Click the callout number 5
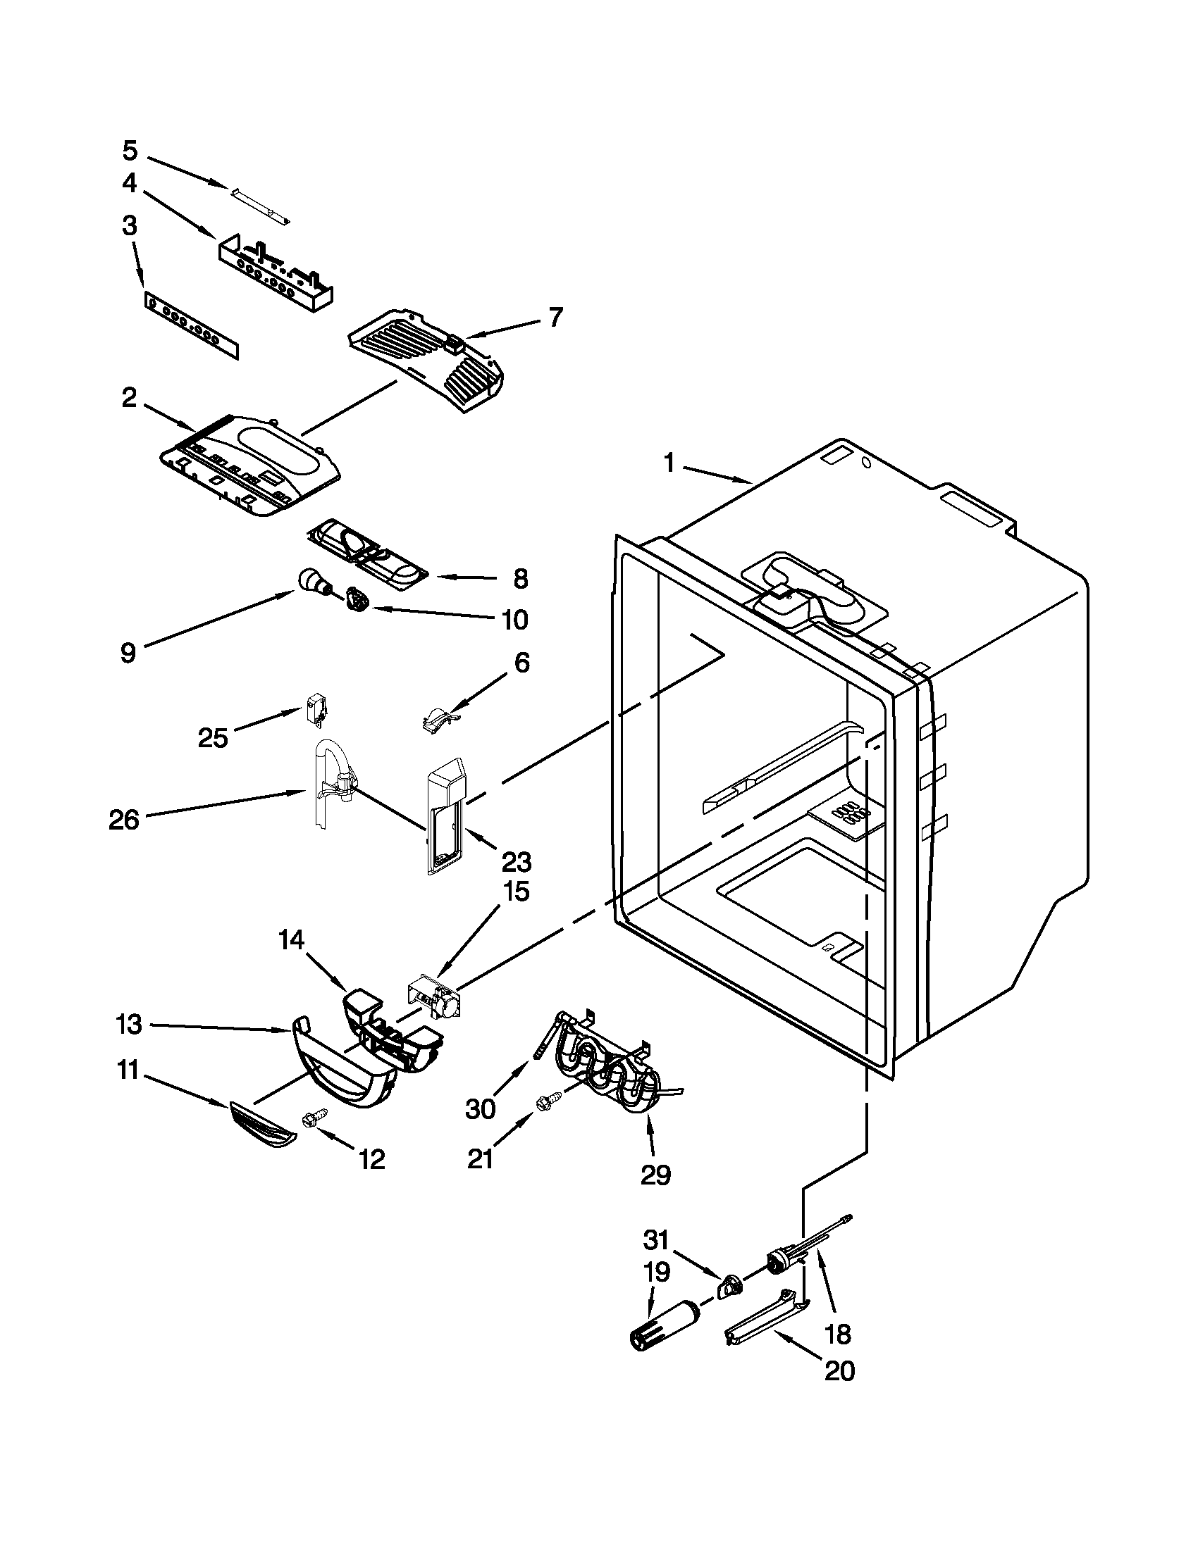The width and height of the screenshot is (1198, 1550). pos(129,151)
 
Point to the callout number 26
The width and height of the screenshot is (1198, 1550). pos(124,820)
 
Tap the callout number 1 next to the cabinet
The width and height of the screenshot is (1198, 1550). pos(668,463)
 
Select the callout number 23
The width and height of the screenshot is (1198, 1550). pos(517,862)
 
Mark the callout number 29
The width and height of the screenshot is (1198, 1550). pos(655,1175)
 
